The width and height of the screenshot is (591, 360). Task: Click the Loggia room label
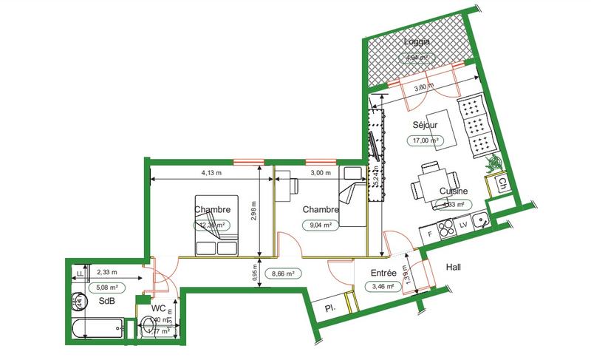point(417,41)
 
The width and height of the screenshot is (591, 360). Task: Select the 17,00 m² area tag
point(425,139)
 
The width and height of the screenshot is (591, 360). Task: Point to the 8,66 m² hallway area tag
point(283,274)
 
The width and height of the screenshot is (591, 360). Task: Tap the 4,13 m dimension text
point(212,173)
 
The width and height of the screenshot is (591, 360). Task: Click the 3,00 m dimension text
point(320,173)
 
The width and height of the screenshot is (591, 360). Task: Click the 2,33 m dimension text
point(107,271)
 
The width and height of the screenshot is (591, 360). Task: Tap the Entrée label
point(384,273)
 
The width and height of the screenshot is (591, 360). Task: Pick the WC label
point(158,308)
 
